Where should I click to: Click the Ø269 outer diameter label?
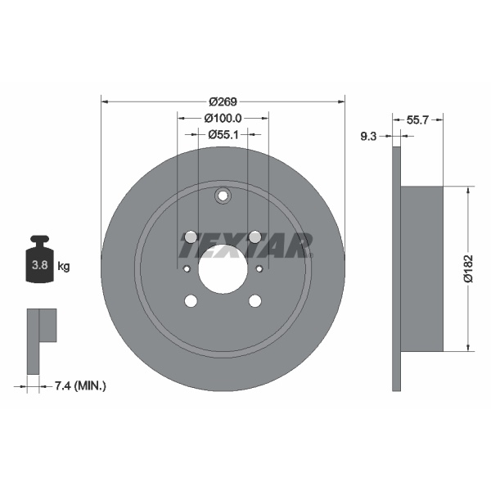click(223, 101)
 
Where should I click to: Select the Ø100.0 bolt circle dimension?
click(223, 118)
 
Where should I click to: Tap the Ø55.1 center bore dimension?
click(223, 134)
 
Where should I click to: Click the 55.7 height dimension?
click(418, 119)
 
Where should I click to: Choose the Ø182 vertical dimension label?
click(467, 268)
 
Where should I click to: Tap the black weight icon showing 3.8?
click(38, 262)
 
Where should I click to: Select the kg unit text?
click(63, 267)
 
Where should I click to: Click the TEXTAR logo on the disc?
click(245, 244)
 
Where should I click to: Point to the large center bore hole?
click(223, 268)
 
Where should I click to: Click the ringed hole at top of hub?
click(223, 196)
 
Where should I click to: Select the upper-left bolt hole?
click(191, 236)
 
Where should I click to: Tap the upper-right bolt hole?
click(255, 236)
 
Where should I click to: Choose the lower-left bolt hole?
click(191, 300)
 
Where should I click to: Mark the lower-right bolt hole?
click(255, 300)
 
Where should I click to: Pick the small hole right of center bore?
click(259, 268)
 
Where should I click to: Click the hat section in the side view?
click(421, 268)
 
